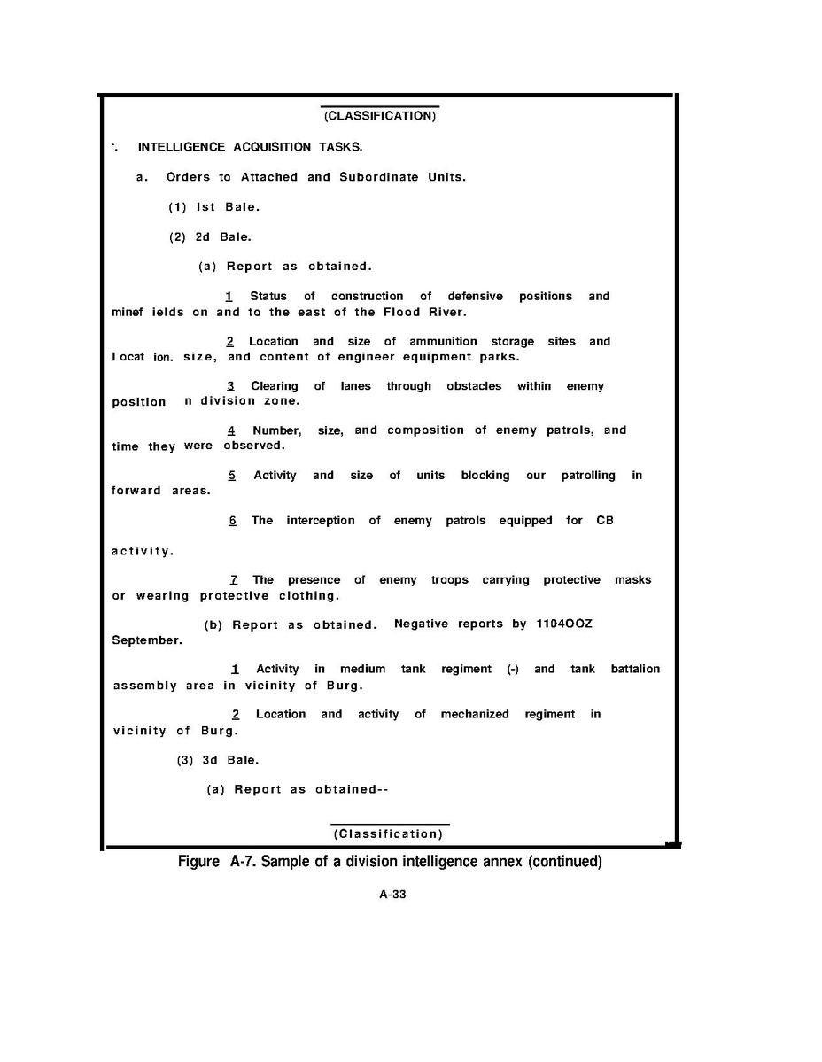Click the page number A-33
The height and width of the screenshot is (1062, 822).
pos(392,895)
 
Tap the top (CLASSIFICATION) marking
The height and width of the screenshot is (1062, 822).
pos(380,117)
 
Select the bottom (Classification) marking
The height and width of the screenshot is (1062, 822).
pos(388,834)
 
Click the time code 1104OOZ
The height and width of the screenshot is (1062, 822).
pos(564,624)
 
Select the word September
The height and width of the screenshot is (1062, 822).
pos(147,640)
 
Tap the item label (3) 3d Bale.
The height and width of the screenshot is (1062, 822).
pos(218,760)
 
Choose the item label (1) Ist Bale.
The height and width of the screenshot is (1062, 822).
pos(214,207)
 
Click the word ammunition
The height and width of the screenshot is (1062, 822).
pos(443,341)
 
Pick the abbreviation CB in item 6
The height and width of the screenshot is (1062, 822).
pos(605,521)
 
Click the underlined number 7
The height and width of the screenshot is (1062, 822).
pos(233,580)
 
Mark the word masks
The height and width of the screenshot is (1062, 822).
pos(632,580)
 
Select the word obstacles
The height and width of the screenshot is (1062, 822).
pos(474,386)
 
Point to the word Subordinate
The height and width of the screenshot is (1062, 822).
pos(379,177)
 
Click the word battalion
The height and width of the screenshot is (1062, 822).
pos(635,669)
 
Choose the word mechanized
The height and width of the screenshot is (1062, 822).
pos(475,714)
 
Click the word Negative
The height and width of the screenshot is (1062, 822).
pos(423,624)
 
